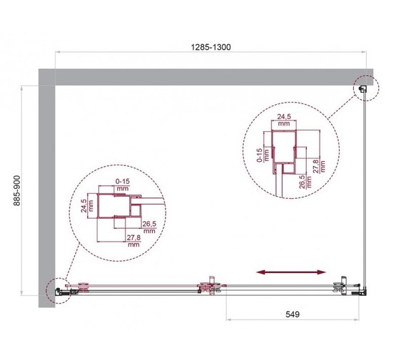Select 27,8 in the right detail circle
(x=323, y=166)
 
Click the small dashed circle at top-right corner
(x=364, y=88)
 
